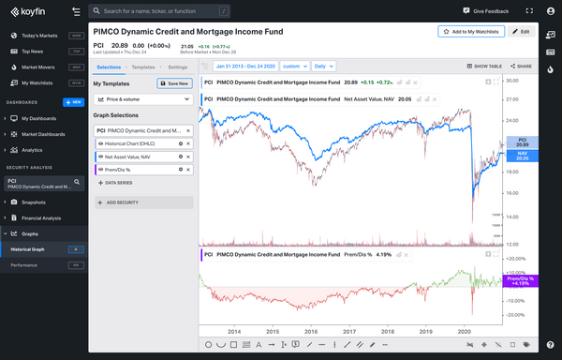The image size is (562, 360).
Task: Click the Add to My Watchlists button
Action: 472,31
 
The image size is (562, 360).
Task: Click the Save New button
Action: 174,83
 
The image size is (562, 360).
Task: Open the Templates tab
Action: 143,67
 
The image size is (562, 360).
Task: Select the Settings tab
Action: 178,67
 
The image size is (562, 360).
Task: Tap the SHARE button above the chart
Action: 523,67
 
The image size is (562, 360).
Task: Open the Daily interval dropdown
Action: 323,67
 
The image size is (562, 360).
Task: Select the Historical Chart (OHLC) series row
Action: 137,142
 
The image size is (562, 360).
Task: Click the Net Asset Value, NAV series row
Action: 137,156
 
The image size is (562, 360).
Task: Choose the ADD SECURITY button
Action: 142,202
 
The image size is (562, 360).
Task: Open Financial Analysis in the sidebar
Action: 43,218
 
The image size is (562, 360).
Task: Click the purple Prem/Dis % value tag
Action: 519,280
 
